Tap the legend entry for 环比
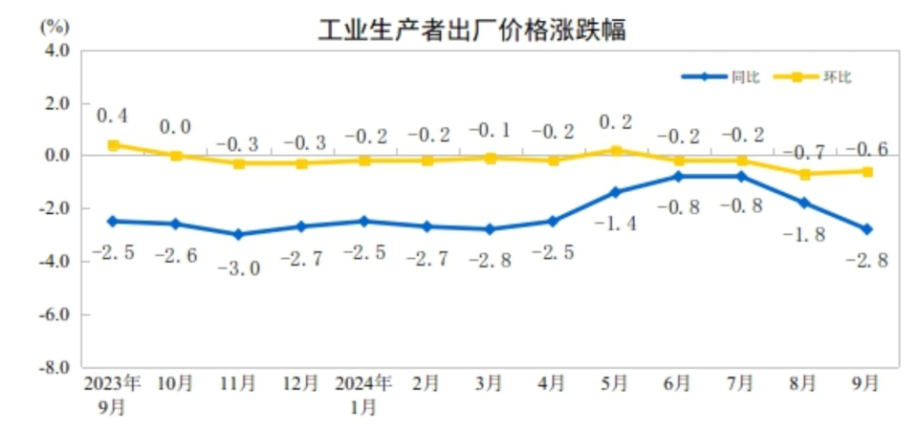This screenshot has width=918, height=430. click(x=837, y=77)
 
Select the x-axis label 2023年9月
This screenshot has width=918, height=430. click(x=112, y=395)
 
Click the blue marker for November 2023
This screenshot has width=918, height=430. click(x=237, y=234)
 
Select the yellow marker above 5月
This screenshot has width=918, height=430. click(x=616, y=150)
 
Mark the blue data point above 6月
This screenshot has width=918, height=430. click(x=678, y=177)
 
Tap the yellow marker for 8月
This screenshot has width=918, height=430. click(x=804, y=174)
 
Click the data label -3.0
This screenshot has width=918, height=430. click(x=237, y=269)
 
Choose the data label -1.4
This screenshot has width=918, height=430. click(x=616, y=224)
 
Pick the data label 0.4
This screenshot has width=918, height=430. click(x=113, y=117)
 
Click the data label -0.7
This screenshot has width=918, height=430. click(x=804, y=152)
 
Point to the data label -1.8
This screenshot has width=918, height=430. click(x=804, y=234)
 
